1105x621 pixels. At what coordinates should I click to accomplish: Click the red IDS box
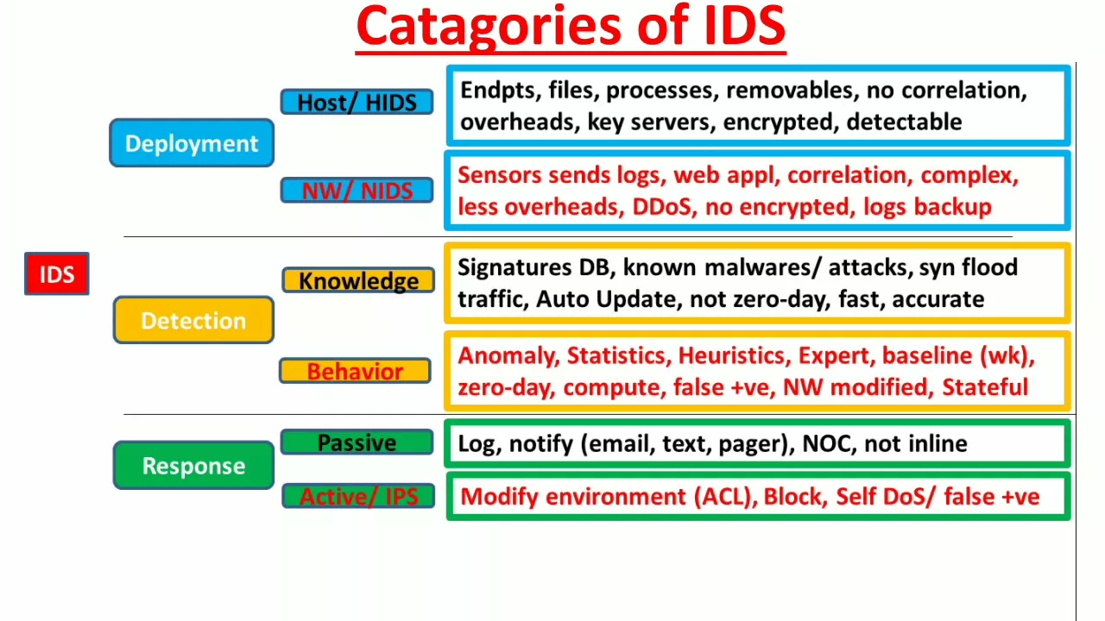pos(57,273)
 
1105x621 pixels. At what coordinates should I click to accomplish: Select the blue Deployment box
pos(192,143)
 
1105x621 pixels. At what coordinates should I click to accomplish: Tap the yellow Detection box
pos(193,320)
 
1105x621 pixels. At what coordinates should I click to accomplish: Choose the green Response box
pos(193,465)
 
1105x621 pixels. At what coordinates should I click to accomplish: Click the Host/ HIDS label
pos(357,102)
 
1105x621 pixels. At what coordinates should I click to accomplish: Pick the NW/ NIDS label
pos(357,191)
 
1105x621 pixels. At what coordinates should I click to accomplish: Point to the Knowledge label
pos(358,280)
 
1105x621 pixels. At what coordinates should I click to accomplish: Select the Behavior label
pos(355,371)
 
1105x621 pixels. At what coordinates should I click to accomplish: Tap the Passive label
pos(357,442)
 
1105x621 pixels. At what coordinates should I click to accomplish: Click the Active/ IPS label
pos(358,496)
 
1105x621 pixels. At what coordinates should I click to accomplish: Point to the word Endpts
pos(497,91)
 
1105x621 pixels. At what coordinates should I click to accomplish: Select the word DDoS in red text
pos(665,207)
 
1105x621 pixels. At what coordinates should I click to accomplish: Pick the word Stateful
pos(985,387)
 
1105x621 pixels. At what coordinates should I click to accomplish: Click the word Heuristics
pos(731,356)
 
